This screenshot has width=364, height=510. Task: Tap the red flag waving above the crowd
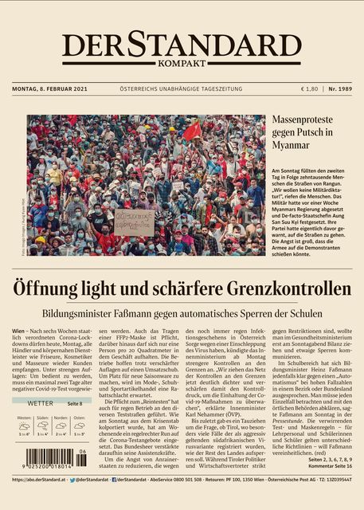tap(192, 130)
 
